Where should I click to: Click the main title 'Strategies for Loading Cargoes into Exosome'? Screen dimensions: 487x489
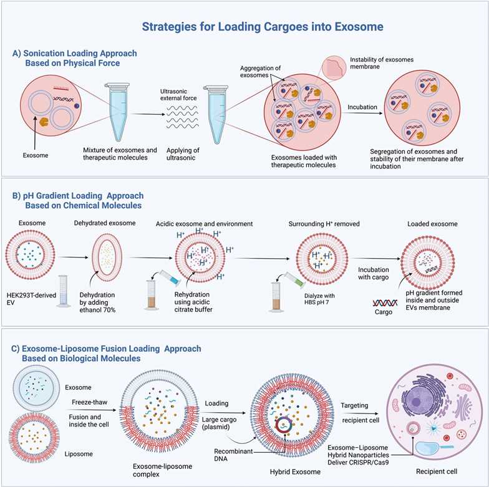coord(263,27)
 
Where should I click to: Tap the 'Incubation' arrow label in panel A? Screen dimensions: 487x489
coord(362,107)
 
